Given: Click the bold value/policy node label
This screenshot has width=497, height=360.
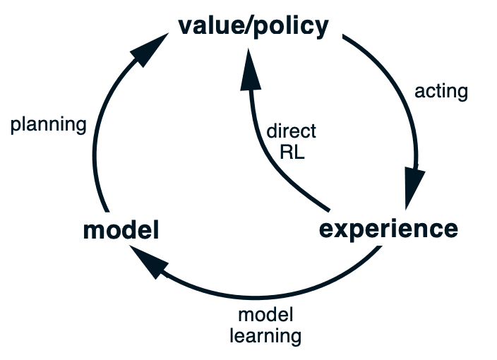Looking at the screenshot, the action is (253, 27).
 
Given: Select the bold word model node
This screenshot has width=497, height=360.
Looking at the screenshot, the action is (121, 230).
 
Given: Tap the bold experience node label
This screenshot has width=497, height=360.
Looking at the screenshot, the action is (388, 229).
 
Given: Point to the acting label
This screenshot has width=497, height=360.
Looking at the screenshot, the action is (441, 92).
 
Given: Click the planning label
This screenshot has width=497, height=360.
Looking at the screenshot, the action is (49, 125).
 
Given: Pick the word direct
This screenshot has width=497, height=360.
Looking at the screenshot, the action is (292, 131).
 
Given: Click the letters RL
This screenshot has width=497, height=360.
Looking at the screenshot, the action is (292, 152).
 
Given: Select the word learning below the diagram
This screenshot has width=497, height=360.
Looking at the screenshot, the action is (265, 336).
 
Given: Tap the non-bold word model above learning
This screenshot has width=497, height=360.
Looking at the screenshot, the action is (265, 315).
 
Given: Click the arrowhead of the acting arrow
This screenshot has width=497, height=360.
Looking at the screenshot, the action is (414, 186).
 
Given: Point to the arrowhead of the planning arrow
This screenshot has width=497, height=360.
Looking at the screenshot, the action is (149, 50).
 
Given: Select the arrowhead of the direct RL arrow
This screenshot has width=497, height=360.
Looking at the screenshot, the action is (250, 70).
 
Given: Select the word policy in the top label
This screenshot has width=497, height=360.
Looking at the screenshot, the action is (292, 28).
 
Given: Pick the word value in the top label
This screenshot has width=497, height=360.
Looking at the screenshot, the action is (210, 26).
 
